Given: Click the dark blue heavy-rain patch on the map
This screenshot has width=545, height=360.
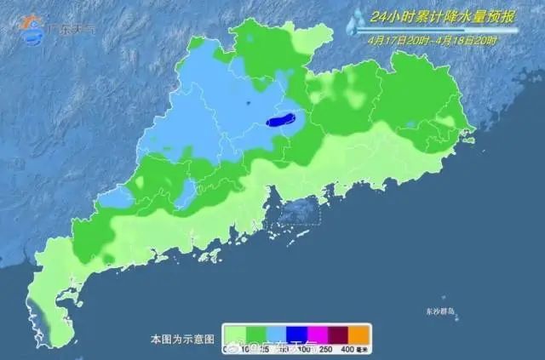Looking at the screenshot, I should click(x=280, y=121).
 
